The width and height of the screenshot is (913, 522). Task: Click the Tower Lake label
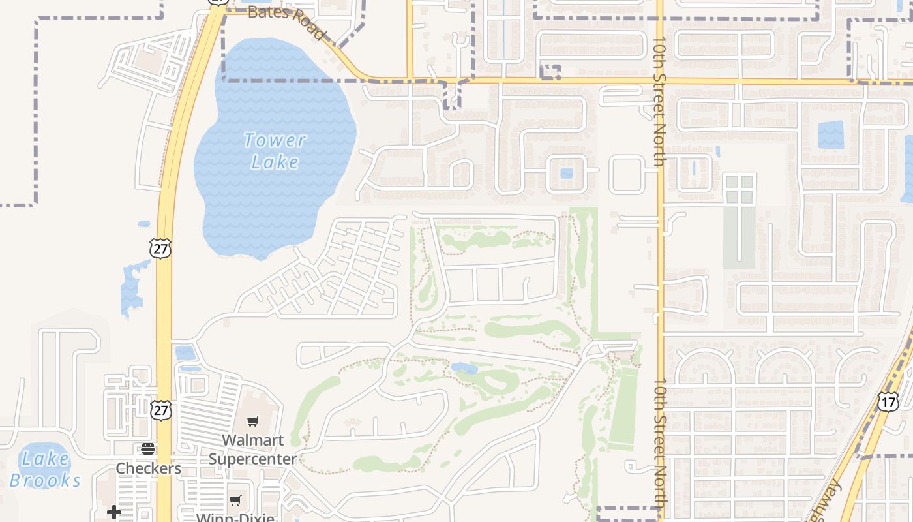click(275, 151)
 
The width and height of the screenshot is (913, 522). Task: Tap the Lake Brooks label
click(45, 469)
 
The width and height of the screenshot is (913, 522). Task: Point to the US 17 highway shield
click(888, 401)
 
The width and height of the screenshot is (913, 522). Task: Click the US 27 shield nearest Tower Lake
click(160, 248)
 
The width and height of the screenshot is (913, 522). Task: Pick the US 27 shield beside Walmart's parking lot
click(160, 409)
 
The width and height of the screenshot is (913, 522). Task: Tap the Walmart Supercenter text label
click(252, 449)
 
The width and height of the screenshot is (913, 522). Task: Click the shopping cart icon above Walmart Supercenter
click(252, 421)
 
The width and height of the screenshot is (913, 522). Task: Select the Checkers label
click(148, 468)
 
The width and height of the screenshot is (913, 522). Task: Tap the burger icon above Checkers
click(148, 449)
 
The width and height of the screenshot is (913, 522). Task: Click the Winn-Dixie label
click(235, 517)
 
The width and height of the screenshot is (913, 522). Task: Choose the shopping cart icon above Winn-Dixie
click(235, 500)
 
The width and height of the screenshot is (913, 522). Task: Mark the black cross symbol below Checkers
click(114, 512)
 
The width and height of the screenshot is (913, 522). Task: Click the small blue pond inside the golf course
click(464, 368)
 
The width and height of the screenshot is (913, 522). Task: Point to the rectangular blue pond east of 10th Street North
click(830, 135)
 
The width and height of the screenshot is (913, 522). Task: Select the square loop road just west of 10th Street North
click(627, 174)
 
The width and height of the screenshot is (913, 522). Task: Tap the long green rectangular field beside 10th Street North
click(623, 408)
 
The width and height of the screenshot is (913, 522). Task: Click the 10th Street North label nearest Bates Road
click(659, 101)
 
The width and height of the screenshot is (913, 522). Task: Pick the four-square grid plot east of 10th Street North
click(740, 189)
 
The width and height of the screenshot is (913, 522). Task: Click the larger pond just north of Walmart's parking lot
click(185, 352)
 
